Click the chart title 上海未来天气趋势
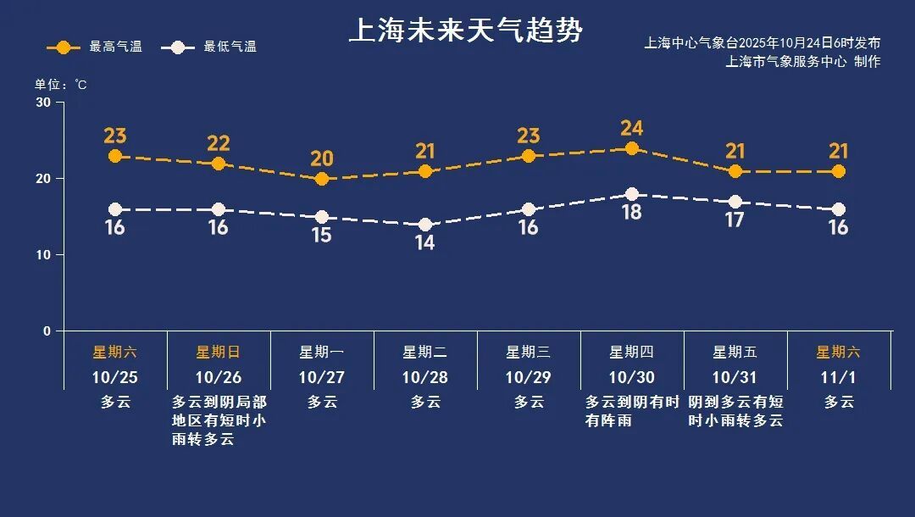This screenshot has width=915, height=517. (x=466, y=31)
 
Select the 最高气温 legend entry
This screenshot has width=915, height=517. (x=86, y=47)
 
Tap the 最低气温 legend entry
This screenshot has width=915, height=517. (x=212, y=47)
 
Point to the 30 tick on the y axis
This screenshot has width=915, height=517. (x=42, y=103)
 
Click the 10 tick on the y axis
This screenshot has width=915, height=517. (x=42, y=254)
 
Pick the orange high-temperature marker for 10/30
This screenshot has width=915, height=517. (x=631, y=148)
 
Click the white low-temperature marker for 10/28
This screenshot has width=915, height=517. (x=424, y=225)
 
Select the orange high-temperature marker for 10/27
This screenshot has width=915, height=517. (x=321, y=179)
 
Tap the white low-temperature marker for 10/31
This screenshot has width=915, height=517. (x=735, y=202)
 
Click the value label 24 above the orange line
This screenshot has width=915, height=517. (x=631, y=128)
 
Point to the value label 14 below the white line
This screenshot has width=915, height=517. (x=424, y=242)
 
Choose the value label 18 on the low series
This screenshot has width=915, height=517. (x=631, y=213)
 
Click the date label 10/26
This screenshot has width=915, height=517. (x=218, y=377)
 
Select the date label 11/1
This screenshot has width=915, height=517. (x=838, y=377)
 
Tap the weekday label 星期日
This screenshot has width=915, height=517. (x=218, y=352)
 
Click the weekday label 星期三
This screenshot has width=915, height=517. (x=528, y=352)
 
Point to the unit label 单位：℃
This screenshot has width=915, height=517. (x=60, y=84)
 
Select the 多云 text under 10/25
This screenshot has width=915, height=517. (x=114, y=402)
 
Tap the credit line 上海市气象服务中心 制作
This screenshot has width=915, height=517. (x=802, y=61)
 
